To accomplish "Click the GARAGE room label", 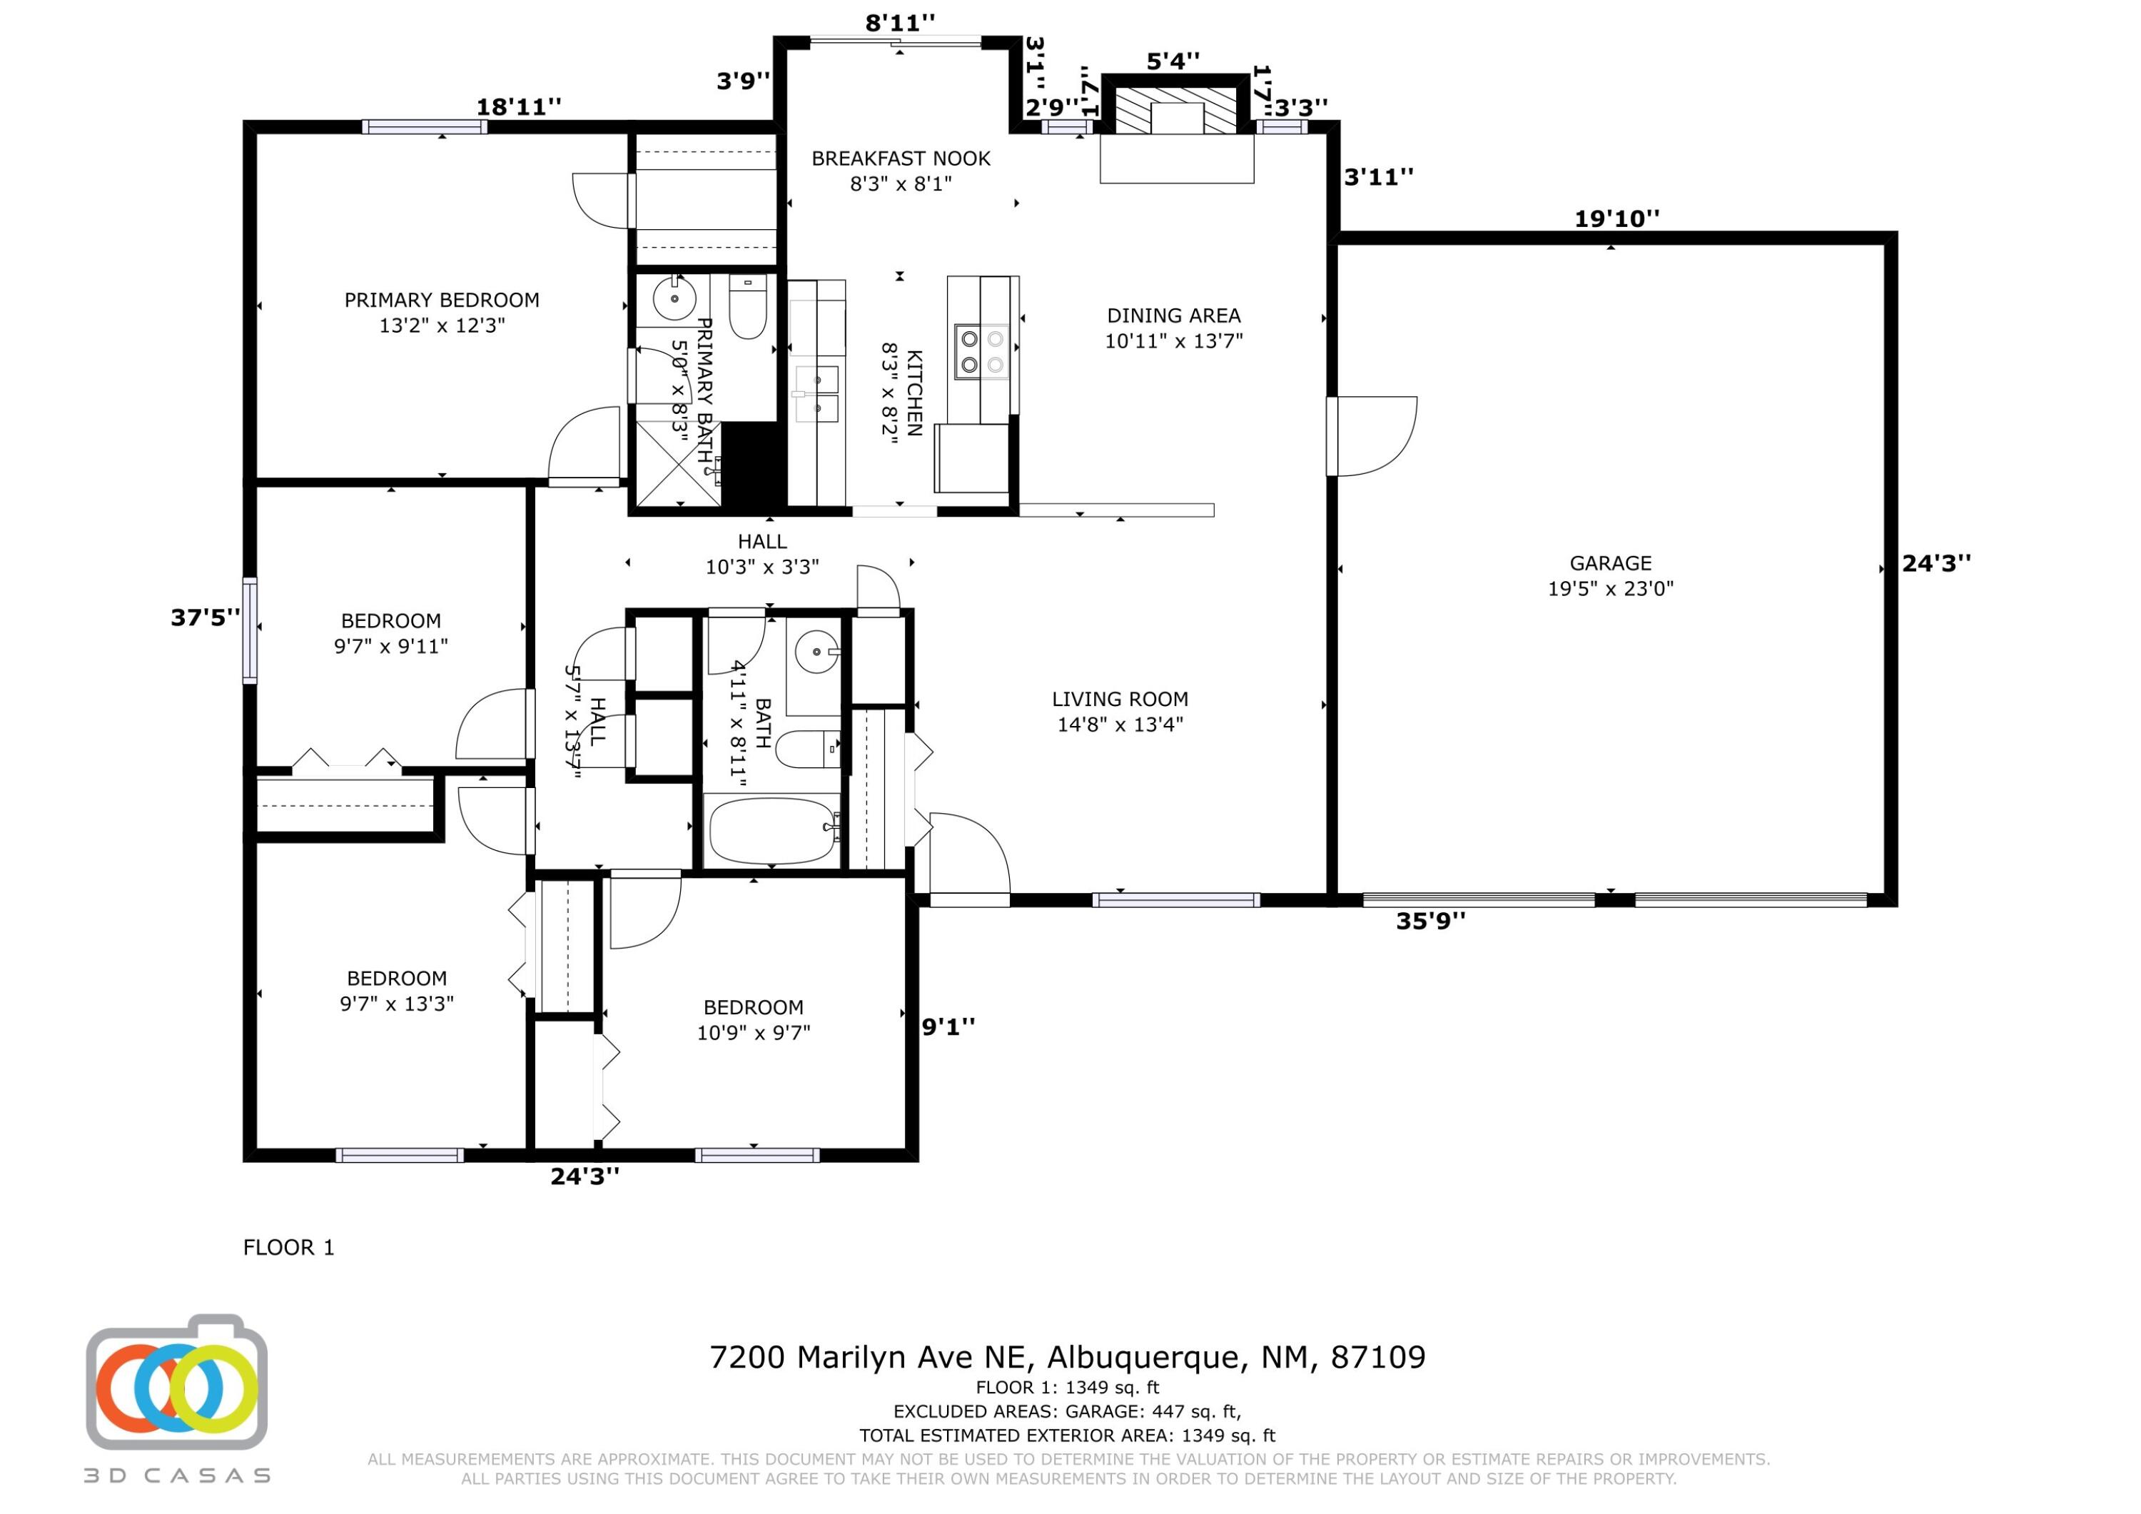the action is pos(1611,563).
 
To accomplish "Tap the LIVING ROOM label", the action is pos(1120,699).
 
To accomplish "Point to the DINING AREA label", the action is pos(1173,316).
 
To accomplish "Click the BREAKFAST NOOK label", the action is pos(901,158).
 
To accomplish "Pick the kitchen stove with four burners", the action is pos(982,352).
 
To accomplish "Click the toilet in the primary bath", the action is pos(747,306).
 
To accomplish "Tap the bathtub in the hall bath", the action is pos(773,830).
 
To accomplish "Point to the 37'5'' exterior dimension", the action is pos(205,617).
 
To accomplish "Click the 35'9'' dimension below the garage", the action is pos(1430,922).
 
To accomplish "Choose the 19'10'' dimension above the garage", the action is pos(1617,218).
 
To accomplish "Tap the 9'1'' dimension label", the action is pos(948,1026).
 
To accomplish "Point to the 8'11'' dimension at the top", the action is pos(900,22).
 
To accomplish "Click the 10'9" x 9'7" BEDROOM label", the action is pos(754,1019).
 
